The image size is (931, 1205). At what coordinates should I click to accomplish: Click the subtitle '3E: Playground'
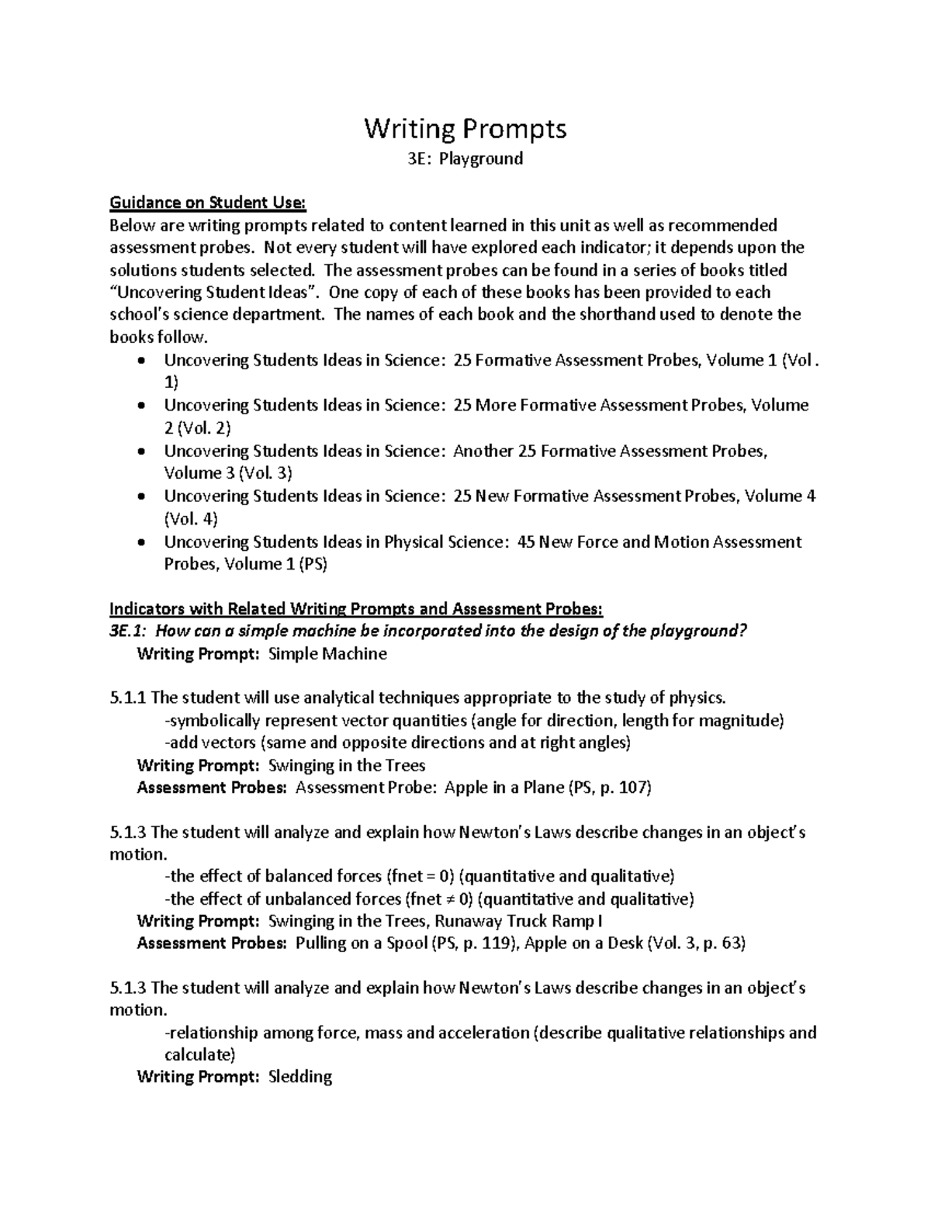click(x=465, y=159)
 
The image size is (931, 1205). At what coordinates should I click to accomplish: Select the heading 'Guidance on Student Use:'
click(x=209, y=203)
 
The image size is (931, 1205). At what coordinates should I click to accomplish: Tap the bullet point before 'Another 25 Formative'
click(x=140, y=452)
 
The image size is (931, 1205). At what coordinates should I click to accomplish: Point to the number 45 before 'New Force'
click(x=525, y=542)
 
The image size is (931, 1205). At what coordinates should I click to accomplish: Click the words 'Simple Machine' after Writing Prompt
click(x=327, y=653)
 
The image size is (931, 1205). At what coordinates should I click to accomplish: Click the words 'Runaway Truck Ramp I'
click(x=518, y=921)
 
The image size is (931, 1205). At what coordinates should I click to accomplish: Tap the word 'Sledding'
click(x=299, y=1077)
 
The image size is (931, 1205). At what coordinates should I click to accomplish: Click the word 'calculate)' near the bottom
click(x=199, y=1054)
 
